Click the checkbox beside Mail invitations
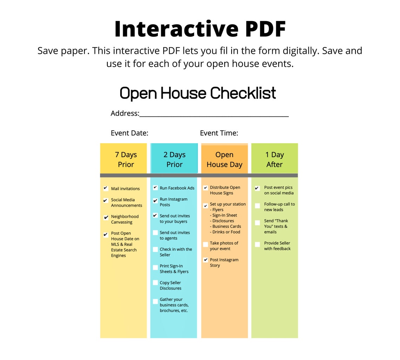(106, 188)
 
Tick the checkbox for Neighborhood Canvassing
(106, 218)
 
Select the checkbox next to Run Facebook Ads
(155, 188)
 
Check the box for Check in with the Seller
(155, 249)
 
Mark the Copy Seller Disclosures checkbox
(155, 283)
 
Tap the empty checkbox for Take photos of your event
(206, 244)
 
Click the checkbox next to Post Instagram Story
(206, 260)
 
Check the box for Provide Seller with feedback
(257, 244)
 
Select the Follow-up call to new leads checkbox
(257, 205)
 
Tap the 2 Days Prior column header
(174, 159)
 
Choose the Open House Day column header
(224, 159)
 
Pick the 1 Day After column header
(274, 159)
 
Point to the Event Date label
(129, 133)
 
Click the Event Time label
(219, 133)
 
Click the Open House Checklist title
(198, 93)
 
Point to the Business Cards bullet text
(226, 226)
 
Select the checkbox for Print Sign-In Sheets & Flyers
(155, 267)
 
